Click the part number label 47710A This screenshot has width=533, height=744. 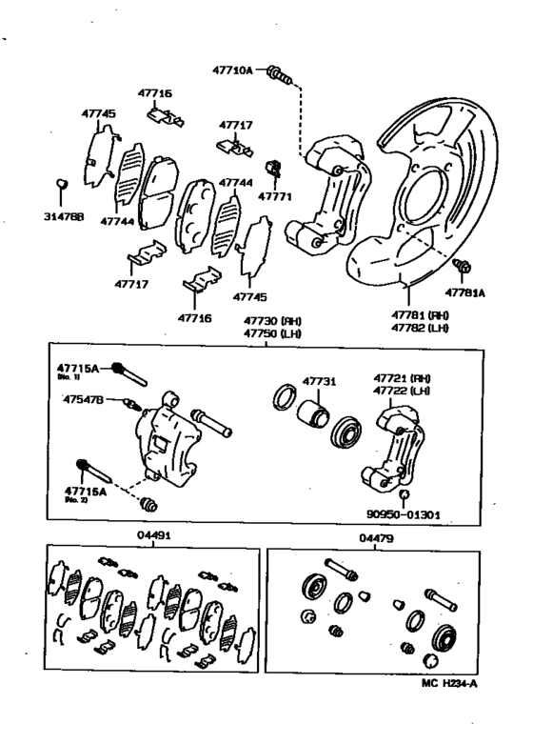(x=232, y=70)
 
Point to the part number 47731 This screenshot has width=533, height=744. (x=319, y=381)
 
